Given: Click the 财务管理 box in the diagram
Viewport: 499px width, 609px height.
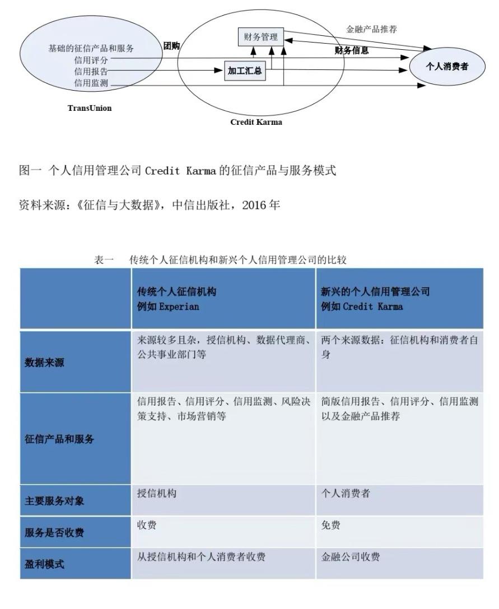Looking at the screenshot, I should [x=260, y=38].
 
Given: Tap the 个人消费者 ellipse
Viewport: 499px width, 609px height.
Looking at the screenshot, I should [x=447, y=67].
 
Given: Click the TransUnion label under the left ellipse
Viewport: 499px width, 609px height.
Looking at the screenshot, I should [x=90, y=108].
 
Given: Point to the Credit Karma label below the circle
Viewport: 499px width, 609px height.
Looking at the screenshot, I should [x=257, y=122].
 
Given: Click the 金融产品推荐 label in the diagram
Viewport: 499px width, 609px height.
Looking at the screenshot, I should [x=372, y=29].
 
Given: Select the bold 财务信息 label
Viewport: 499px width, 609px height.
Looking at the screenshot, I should [x=352, y=50].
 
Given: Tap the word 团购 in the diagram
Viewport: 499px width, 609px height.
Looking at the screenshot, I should [x=171, y=46].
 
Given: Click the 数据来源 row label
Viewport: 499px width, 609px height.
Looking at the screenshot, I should [x=45, y=363].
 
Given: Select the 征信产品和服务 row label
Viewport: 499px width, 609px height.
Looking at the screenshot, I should [x=60, y=439].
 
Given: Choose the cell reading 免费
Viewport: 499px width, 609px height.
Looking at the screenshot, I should [x=331, y=526].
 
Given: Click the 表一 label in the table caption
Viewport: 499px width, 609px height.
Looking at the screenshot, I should [x=104, y=260].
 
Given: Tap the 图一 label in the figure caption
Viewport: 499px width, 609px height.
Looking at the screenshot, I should [x=31, y=171].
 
